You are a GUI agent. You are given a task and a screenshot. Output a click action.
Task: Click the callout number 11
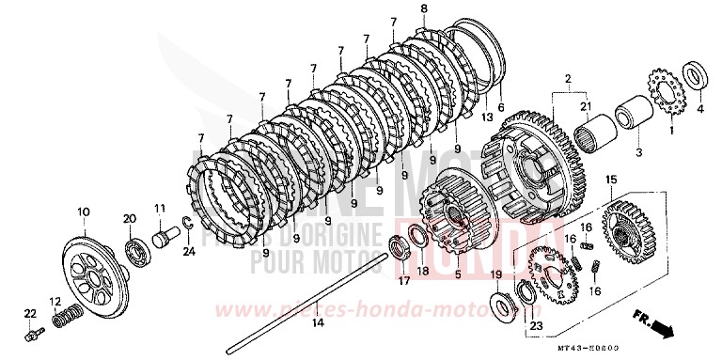click(x=160, y=209)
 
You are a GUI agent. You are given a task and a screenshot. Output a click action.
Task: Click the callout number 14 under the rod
click(x=317, y=323)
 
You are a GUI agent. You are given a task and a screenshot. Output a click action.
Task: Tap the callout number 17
click(x=403, y=280)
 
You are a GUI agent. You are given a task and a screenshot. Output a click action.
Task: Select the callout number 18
click(x=423, y=271)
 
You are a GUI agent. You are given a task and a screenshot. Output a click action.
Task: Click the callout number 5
click(x=458, y=275)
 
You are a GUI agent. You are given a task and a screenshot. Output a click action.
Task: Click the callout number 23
click(x=536, y=326)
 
